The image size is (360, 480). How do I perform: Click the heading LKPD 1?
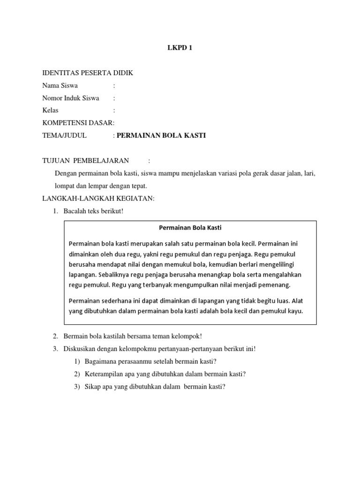click(180, 47)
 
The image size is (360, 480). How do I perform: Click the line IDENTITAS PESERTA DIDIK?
click(88, 73)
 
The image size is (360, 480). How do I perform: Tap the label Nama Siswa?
click(60, 86)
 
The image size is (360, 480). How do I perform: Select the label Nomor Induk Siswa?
click(70, 98)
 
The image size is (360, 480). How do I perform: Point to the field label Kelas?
click(50, 111)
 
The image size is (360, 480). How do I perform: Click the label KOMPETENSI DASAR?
click(78, 123)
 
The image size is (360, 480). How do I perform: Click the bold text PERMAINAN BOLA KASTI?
click(161, 135)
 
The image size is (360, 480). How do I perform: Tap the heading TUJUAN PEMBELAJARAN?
click(85, 161)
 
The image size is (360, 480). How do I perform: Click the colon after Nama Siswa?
click(114, 86)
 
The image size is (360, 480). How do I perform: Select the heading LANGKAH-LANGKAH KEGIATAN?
click(98, 199)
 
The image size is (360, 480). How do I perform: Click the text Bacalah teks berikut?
click(93, 211)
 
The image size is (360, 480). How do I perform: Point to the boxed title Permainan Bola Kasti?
click(190, 228)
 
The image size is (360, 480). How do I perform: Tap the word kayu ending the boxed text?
click(297, 310)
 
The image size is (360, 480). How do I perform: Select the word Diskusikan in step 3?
click(79, 349)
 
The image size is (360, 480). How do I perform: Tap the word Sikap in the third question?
click(92, 387)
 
